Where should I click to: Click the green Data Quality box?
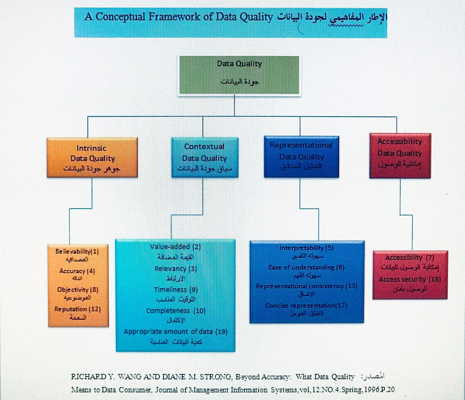(239, 75)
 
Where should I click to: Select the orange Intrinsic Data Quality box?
(92, 157)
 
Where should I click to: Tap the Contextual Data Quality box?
(205, 157)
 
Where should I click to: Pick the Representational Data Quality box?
(301, 157)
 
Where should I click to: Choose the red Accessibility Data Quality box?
(400, 156)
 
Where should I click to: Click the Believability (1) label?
(77, 252)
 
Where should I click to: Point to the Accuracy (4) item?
(77, 271)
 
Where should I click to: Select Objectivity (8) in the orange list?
(78, 290)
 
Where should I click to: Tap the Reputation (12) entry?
(78, 309)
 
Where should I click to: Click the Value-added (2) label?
(175, 247)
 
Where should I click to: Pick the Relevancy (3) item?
(176, 269)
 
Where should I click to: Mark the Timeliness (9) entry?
(176, 290)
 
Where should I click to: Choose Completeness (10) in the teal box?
(176, 311)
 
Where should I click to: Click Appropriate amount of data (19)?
(176, 332)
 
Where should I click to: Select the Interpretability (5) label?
(306, 248)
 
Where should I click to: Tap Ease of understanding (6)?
(306, 268)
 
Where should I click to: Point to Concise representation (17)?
(306, 306)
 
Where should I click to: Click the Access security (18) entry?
(410, 279)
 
